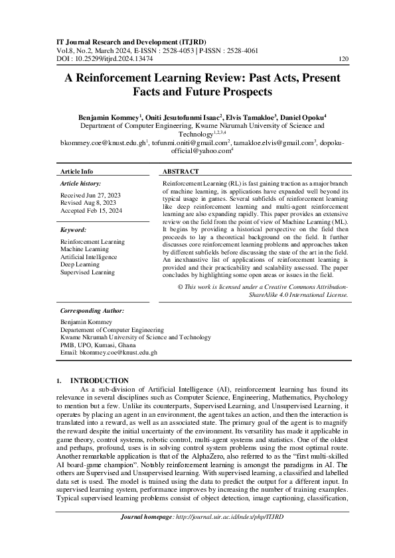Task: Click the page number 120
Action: tap(343, 58)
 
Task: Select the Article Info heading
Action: tap(77, 170)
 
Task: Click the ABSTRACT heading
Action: tap(182, 170)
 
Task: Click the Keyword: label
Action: tap(74, 229)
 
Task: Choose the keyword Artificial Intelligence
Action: tap(89, 256)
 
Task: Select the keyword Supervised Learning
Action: tap(87, 272)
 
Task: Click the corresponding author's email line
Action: tap(108, 353)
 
